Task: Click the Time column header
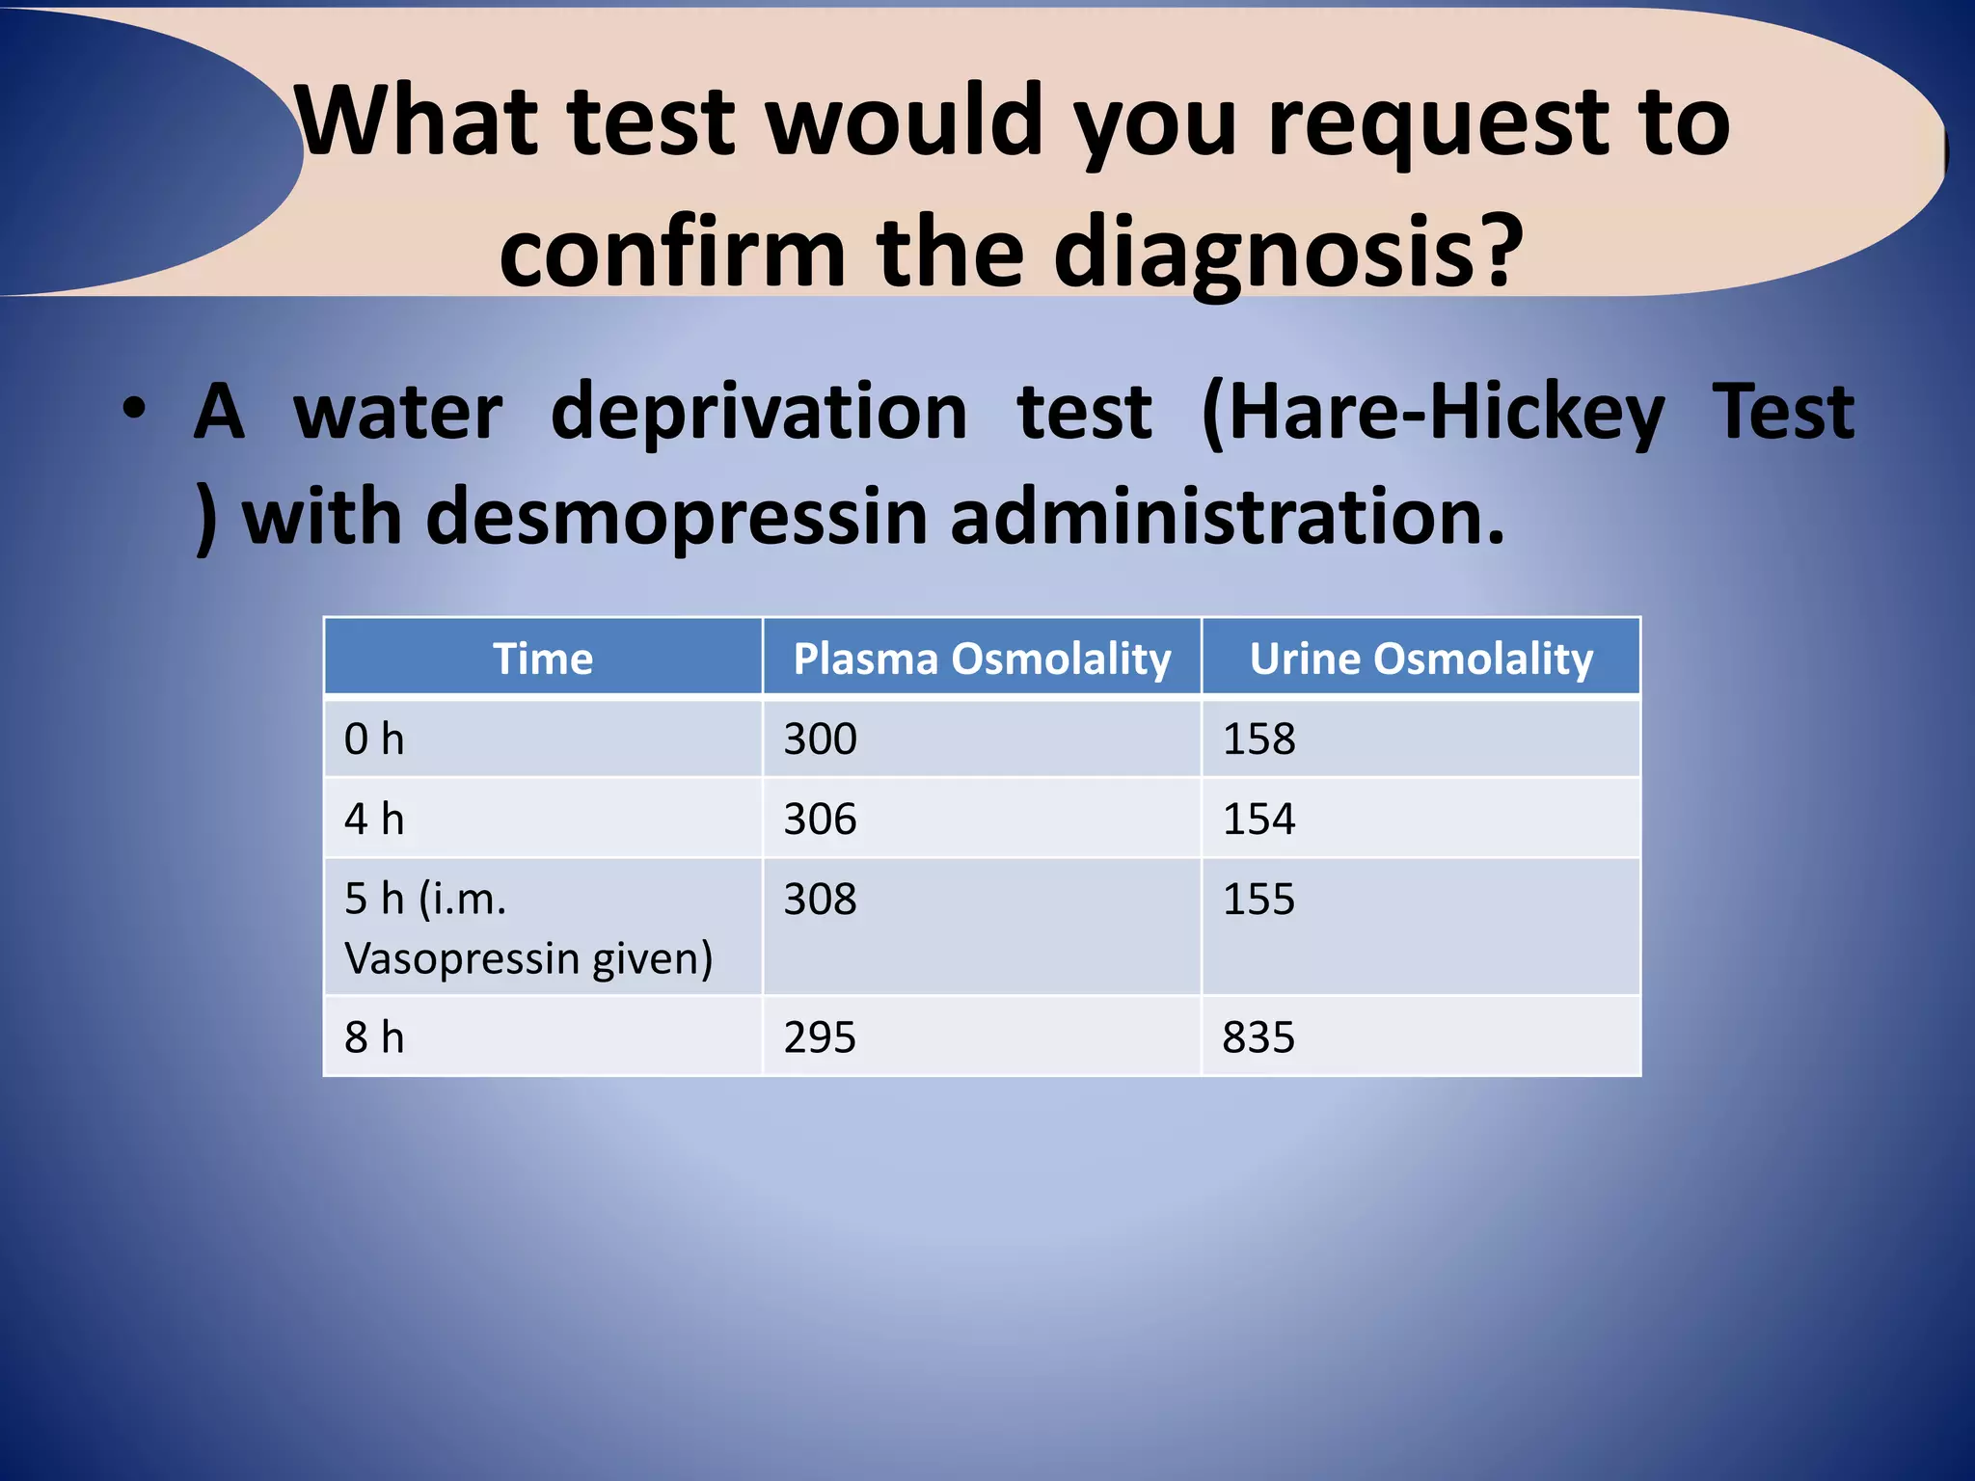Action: click(x=543, y=660)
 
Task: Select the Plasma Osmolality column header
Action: click(x=982, y=660)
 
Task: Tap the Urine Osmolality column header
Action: click(x=1420, y=660)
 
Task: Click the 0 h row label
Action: click(x=374, y=740)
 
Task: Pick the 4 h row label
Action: click(x=374, y=820)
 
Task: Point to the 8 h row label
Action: click(x=374, y=1037)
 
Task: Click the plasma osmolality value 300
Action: click(x=820, y=740)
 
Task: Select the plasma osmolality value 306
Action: click(x=820, y=820)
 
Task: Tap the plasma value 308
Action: click(x=820, y=900)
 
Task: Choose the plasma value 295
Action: click(x=820, y=1037)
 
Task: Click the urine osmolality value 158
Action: click(x=1258, y=740)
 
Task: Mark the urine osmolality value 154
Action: click(x=1258, y=820)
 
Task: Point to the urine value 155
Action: click(x=1258, y=900)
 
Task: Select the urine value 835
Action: click(x=1258, y=1037)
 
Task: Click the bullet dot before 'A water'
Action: click(x=134, y=408)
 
